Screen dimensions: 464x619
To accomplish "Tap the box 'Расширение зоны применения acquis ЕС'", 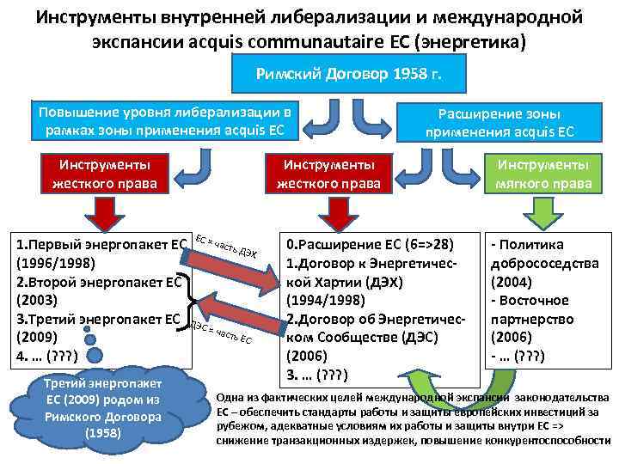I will point(499,122).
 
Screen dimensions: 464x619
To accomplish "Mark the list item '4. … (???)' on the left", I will point(47,357).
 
